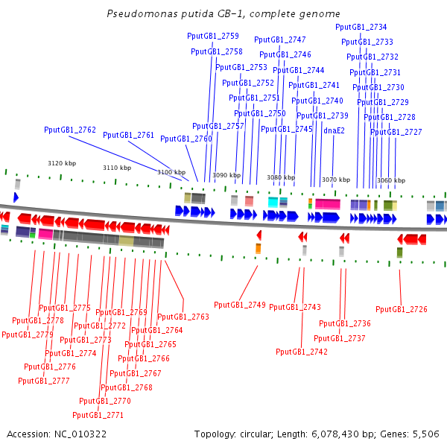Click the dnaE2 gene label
[334, 130]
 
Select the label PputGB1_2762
[70, 130]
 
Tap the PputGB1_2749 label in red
[240, 305]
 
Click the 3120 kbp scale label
[62, 163]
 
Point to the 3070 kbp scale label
[336, 180]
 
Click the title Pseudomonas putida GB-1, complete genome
[223, 13]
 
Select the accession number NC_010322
[80, 434]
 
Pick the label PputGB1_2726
[402, 309]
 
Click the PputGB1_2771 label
[98, 415]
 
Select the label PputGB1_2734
[361, 27]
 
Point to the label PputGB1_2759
[213, 36]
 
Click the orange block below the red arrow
[259, 249]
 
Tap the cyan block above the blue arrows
[273, 202]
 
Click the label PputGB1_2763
[183, 317]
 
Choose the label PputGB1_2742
[302, 352]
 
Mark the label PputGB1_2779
[28, 335]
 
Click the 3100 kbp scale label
[171, 172]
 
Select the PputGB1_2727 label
[396, 132]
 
